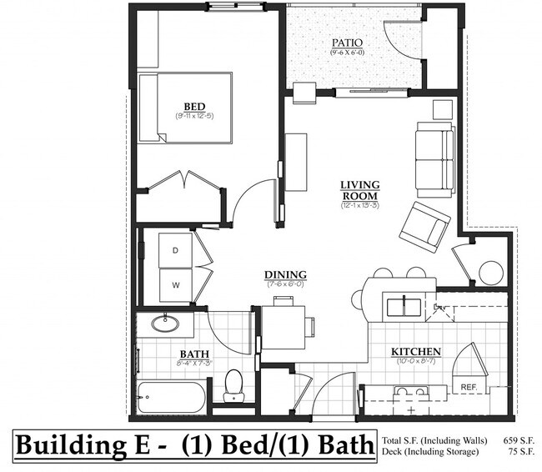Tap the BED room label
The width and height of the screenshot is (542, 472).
[x=194, y=106]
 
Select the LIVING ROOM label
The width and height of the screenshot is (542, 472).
[x=359, y=189]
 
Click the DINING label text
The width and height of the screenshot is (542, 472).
[x=285, y=275]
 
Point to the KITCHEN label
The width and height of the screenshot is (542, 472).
[x=416, y=352]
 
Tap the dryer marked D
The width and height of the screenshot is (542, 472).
[x=176, y=250]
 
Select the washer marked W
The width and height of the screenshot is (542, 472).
[x=176, y=285]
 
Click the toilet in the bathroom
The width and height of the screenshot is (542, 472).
[x=233, y=385]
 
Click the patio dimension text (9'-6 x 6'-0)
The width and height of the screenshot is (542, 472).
[x=345, y=53]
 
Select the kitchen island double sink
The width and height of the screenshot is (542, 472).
[x=404, y=304]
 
